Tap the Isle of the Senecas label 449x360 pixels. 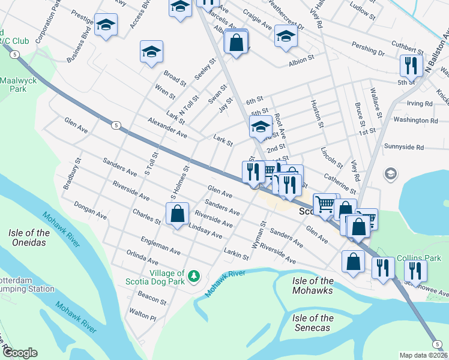click(313, 323)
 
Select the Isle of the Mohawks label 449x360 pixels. click(313, 285)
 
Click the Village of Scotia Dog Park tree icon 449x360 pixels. click(193, 276)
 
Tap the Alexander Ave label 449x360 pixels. click(167, 128)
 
